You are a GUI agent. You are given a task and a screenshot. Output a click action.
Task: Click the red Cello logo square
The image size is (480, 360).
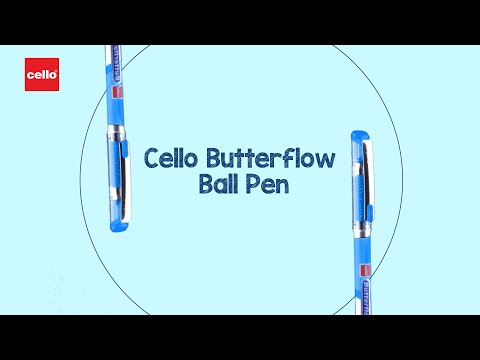42,74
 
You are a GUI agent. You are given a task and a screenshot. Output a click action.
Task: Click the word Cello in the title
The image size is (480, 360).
170,158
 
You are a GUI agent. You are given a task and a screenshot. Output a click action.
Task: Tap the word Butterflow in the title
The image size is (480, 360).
270,158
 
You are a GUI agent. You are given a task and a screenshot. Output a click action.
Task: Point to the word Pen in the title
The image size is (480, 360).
267,184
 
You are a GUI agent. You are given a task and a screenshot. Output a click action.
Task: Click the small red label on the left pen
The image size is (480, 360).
117,92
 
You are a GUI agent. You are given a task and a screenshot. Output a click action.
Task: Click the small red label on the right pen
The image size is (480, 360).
366,270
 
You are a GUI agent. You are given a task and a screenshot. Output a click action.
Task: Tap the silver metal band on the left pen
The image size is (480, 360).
116,131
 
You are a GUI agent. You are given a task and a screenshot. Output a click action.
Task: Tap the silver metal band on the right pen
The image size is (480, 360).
362,230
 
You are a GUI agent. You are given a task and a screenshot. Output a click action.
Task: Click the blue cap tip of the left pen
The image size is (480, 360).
119,227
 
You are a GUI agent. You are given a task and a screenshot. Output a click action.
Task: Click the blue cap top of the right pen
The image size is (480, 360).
360,135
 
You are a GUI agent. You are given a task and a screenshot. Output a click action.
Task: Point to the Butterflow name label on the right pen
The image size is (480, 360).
367,298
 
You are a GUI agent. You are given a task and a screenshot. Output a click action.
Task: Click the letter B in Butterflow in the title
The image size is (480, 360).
214,158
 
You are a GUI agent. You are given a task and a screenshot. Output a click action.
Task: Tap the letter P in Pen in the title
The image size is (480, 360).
253,184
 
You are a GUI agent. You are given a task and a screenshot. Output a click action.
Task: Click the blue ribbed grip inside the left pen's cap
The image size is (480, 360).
114,170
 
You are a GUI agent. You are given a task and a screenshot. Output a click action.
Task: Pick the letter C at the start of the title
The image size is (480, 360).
152,159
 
